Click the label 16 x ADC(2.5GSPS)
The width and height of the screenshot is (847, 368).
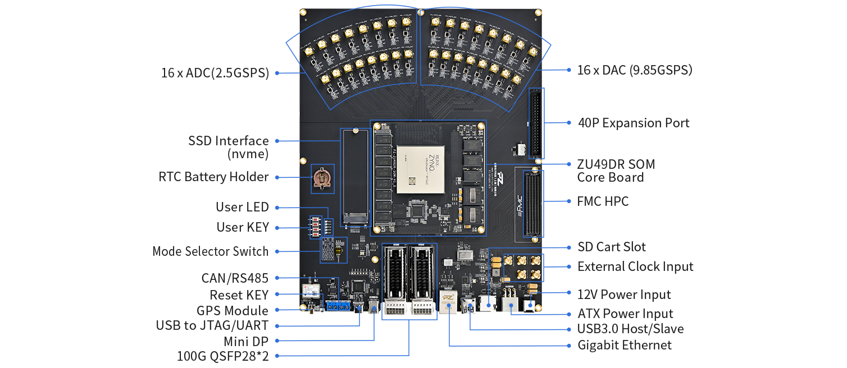point(215,73)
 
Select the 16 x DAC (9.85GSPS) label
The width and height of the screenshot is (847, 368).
point(635,70)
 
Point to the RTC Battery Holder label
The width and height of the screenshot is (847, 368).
point(214,177)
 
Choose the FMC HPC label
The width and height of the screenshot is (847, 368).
point(603,201)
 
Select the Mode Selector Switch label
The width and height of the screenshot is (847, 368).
point(211,251)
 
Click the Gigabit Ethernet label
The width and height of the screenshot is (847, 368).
point(625,345)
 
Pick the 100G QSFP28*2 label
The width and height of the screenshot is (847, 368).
point(223,356)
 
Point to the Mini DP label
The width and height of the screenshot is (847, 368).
point(246,341)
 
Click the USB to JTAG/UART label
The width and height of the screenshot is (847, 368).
point(212,325)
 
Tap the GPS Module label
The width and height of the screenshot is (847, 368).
point(233,310)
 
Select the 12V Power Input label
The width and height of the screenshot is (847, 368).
point(624,295)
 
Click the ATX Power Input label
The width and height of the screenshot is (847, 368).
point(625,314)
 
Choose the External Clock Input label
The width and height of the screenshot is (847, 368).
point(635,266)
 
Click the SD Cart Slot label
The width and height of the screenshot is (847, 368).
point(612,247)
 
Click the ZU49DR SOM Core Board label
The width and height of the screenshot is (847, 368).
point(616,171)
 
